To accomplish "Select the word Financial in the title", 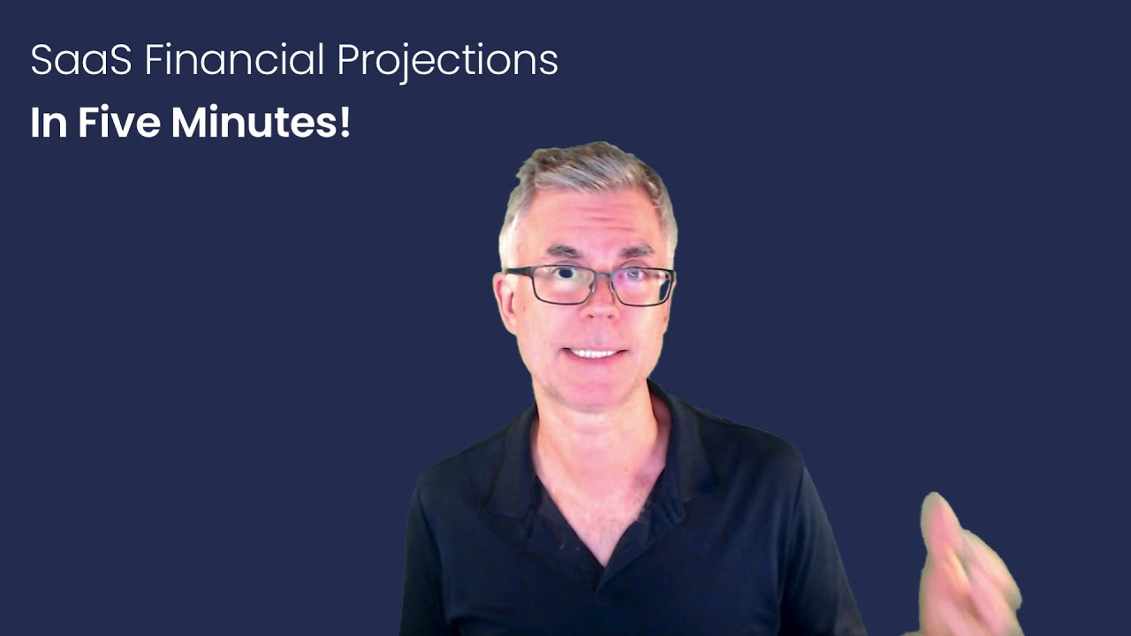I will click(234, 61).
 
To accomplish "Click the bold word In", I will click(49, 123).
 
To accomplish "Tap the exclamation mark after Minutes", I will click(345, 123).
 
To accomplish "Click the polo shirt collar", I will click(512, 459).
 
